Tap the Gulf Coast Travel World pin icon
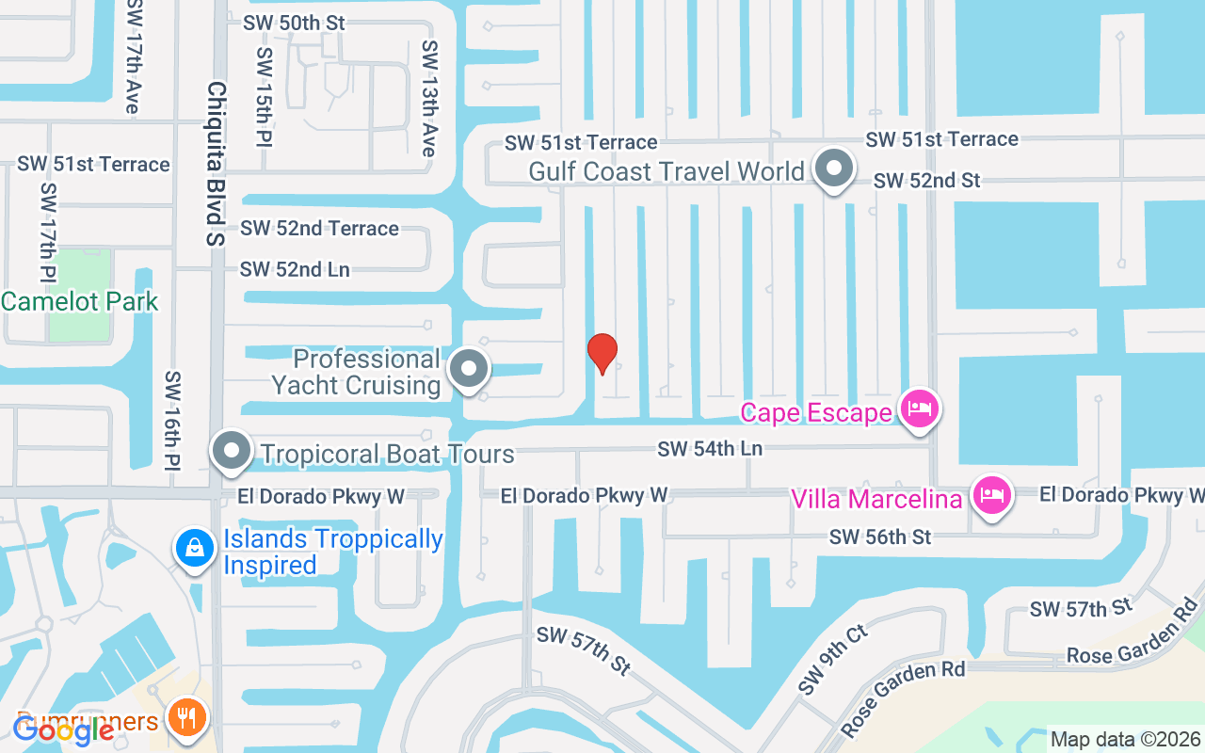[x=833, y=169]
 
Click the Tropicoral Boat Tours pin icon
[x=232, y=452]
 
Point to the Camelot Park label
[x=80, y=301]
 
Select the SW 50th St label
[x=294, y=23]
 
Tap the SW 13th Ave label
[x=429, y=98]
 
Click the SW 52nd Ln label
[x=295, y=269]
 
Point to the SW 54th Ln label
[x=710, y=449]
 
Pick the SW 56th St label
[x=880, y=537]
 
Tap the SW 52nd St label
[x=927, y=180]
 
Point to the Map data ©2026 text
[x=1125, y=740]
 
